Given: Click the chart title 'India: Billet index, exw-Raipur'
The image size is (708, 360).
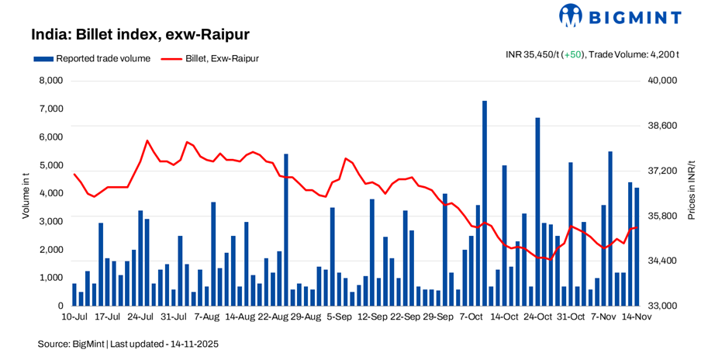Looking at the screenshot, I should pyautogui.click(x=140, y=35).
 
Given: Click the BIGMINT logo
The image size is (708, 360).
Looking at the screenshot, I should pyautogui.click(x=620, y=16).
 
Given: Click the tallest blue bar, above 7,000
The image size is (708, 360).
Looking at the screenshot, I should pyautogui.click(x=485, y=202).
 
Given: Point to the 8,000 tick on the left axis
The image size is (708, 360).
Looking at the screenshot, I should pyautogui.click(x=51, y=81).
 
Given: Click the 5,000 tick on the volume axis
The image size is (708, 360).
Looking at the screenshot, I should pyautogui.click(x=51, y=165).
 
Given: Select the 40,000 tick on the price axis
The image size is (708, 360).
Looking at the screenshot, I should pyautogui.click(x=662, y=81).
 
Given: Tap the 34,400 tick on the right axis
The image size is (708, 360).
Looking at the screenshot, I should pyautogui.click(x=662, y=261).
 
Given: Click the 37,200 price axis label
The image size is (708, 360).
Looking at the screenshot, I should pyautogui.click(x=662, y=171).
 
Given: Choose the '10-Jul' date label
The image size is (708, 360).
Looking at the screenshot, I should pyautogui.click(x=74, y=317).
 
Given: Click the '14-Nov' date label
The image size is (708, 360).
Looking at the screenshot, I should pyautogui.click(x=637, y=317).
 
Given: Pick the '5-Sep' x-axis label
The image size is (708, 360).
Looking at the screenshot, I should pyautogui.click(x=340, y=317).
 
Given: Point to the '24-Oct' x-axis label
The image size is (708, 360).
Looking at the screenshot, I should pyautogui.click(x=537, y=317).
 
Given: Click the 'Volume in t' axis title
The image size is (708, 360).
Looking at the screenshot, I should pyautogui.click(x=25, y=194).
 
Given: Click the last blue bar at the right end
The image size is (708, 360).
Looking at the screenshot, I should pyautogui.click(x=637, y=247).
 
